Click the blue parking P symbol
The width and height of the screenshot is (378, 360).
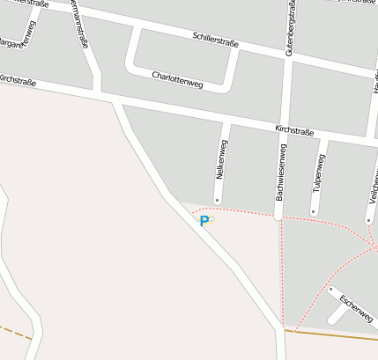tap(204, 222)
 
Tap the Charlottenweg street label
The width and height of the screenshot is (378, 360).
tap(178, 79)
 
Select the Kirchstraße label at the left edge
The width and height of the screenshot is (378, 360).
tap(18, 81)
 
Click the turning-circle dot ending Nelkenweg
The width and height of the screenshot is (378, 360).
tap(217, 202)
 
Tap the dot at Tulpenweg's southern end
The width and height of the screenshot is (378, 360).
tap(314, 211)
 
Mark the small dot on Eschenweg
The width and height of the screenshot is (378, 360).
tap(330, 289)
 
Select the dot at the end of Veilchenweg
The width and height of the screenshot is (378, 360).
tap(368, 220)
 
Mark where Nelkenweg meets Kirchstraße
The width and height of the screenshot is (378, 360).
tap(228, 122)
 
